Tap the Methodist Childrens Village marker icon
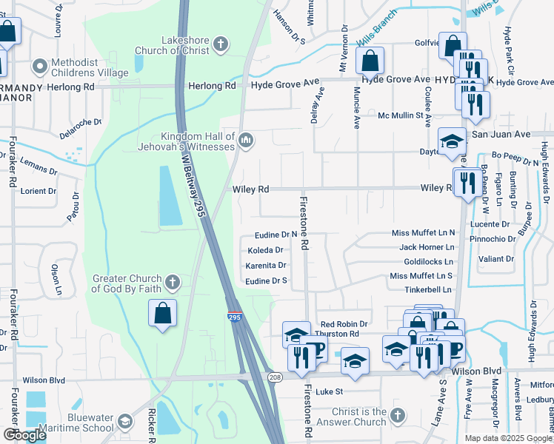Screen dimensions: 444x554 pos(40,67)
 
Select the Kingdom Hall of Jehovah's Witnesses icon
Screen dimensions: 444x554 pos(246,139)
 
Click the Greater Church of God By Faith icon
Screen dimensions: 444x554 pos(172,282)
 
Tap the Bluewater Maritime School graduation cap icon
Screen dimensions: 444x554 pos(125,422)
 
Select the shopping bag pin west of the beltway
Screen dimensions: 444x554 pos(163,313)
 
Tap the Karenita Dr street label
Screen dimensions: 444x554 pos(266,265)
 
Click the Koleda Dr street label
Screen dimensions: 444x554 pos(264,250)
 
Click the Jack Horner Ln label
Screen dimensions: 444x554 pos(426,247)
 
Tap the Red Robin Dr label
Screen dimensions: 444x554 pos(344,324)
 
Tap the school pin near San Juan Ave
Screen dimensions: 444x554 pos(451,142)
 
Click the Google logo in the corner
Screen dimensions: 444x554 pos(24,435)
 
